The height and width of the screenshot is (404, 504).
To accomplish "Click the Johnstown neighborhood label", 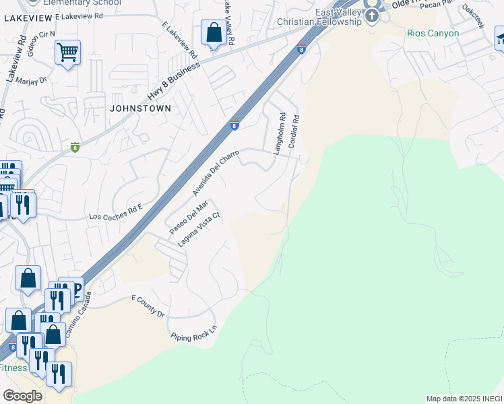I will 140,108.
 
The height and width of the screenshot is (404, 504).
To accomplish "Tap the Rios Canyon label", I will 433,33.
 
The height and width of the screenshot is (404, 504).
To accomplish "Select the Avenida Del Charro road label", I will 216,173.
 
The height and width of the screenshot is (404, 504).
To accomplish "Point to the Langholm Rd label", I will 278,134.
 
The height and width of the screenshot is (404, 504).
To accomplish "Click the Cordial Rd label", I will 293,131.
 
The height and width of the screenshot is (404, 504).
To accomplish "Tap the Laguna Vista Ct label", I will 199,230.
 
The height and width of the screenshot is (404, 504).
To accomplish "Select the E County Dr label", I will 148,305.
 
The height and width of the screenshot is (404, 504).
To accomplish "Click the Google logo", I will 22,395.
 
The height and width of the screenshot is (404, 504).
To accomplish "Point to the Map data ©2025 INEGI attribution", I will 464,399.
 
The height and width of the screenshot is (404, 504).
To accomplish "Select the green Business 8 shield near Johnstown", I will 75,147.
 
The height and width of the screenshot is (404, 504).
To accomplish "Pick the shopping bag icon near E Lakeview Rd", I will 214,32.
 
